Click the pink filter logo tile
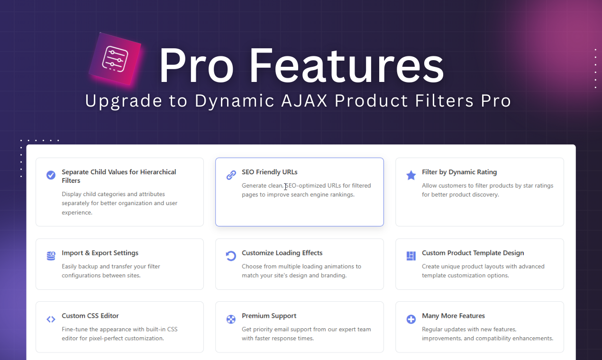point(115,59)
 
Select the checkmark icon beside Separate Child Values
point(51,175)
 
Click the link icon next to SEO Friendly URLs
point(231,175)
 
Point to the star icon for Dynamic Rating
point(411,175)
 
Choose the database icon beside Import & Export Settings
point(51,256)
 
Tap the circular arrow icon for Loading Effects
point(231,256)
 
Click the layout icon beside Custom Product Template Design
point(411,256)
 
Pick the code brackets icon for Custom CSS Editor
point(51,319)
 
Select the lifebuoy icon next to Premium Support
point(231,319)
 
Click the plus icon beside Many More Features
point(411,319)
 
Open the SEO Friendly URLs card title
point(269,172)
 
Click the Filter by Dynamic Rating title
point(459,172)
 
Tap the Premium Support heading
point(269,316)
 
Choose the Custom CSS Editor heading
point(90,316)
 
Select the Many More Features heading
point(453,316)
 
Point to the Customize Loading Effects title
point(282,253)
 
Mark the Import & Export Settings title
point(100,253)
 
